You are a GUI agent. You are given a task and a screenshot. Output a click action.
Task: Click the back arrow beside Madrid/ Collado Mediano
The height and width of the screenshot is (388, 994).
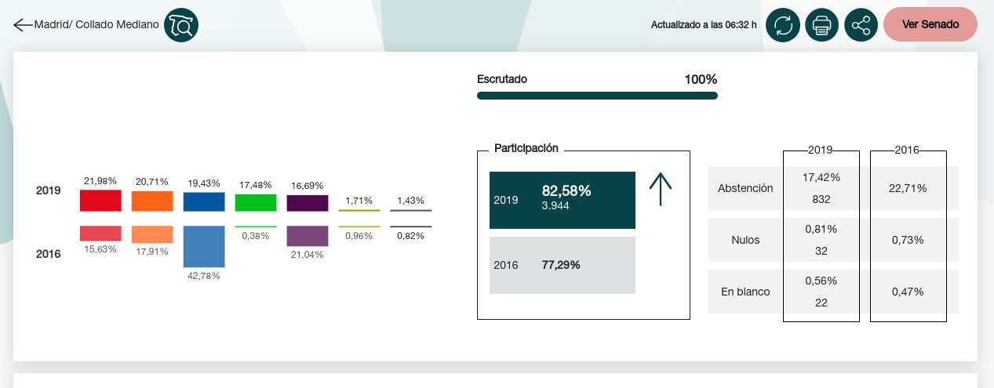tap(22, 25)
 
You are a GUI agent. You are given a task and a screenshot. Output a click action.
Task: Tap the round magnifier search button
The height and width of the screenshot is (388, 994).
tap(181, 25)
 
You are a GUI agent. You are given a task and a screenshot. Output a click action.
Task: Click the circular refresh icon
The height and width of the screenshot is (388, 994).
tap(782, 25)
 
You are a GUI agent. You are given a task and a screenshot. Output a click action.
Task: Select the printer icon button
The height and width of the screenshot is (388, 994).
tap(821, 25)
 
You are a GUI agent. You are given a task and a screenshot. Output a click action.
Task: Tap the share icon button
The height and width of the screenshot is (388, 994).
tap(861, 25)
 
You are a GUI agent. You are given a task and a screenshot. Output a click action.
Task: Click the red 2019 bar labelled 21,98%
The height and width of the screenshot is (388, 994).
tap(100, 201)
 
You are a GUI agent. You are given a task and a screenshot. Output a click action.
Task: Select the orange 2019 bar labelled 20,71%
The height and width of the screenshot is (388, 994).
tap(152, 201)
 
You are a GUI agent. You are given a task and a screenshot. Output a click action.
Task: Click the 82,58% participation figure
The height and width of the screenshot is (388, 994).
tap(566, 191)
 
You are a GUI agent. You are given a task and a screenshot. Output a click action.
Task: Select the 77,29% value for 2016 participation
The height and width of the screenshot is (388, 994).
tap(561, 265)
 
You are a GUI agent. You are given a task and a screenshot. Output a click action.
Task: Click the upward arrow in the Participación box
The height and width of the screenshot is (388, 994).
tap(661, 190)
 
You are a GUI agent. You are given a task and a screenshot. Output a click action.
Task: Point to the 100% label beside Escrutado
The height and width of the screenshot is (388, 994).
tap(700, 79)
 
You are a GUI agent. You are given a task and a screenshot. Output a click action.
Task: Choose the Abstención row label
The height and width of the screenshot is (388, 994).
tap(745, 188)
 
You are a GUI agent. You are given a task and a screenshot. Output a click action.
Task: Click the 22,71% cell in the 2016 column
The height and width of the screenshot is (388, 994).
tap(908, 188)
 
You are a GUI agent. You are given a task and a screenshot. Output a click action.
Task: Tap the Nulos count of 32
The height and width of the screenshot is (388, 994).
tap(821, 251)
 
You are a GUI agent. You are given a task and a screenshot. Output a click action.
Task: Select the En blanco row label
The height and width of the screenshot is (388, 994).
tap(745, 292)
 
